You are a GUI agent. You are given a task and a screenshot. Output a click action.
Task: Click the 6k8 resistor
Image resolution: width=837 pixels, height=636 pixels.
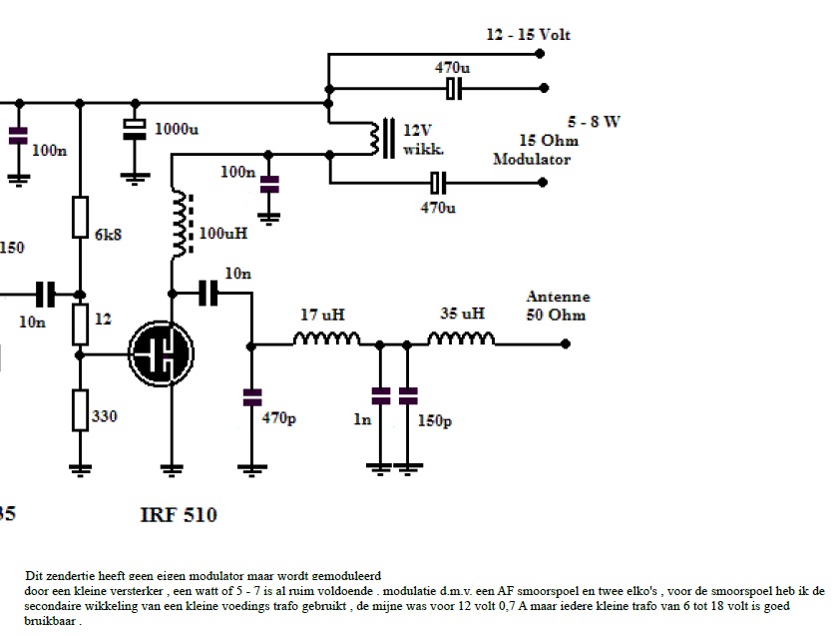[81, 218]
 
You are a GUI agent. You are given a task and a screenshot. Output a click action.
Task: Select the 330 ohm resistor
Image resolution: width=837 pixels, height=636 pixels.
[81, 409]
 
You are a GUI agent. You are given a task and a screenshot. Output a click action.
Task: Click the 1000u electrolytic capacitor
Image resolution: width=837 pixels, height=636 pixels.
[135, 129]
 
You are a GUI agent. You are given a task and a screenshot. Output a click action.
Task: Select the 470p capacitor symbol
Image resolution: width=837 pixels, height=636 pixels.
[250, 397]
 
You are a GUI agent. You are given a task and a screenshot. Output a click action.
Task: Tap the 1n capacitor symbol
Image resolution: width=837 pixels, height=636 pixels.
[379, 396]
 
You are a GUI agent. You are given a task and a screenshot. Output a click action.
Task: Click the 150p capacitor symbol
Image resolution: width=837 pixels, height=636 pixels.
[407, 396]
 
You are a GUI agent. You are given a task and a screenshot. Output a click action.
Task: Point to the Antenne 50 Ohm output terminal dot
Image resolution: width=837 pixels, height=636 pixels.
[565, 342]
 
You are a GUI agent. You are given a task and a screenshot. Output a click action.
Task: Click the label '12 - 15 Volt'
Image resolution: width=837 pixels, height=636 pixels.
[528, 35]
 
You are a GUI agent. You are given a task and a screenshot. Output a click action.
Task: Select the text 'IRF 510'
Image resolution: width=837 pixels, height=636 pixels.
[178, 516]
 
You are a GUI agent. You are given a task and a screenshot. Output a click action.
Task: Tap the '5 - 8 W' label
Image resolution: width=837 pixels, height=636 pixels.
[594, 122]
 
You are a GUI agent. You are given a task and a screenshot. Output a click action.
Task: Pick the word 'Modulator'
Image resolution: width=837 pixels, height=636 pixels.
[532, 160]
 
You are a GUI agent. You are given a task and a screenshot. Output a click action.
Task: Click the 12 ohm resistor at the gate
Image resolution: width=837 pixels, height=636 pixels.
[81, 321]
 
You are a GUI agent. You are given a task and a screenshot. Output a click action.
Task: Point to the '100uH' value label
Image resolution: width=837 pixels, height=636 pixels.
[223, 233]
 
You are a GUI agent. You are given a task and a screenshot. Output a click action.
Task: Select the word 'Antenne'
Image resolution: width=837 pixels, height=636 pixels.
[558, 297]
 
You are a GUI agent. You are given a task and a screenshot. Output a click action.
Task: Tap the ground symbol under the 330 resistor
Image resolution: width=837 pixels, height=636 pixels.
[81, 467]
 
